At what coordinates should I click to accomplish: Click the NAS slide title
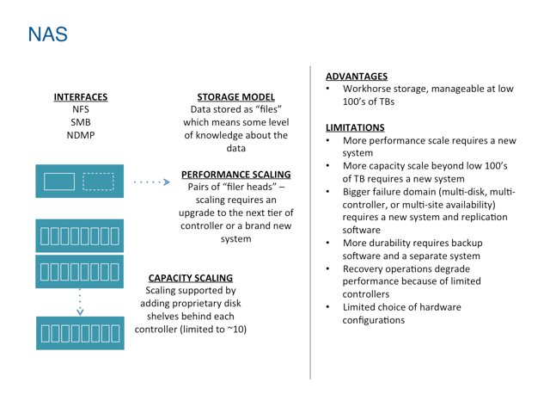click(48, 34)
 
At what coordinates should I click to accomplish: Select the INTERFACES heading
click(81, 97)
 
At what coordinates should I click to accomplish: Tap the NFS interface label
click(81, 109)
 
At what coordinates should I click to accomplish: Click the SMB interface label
click(81, 122)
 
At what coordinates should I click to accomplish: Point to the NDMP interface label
click(81, 135)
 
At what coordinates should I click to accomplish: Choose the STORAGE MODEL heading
click(235, 97)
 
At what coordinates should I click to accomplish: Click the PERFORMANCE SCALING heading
click(236, 175)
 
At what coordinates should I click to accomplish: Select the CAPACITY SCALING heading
click(191, 278)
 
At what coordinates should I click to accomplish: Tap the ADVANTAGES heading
click(357, 77)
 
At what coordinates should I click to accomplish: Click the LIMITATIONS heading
click(355, 127)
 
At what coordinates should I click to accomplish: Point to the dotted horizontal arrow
click(152, 182)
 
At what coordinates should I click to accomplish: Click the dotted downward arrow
click(80, 302)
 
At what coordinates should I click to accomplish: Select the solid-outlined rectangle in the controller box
click(59, 182)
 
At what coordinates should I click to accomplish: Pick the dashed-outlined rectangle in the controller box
click(98, 182)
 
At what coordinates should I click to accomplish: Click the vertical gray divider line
click(310, 223)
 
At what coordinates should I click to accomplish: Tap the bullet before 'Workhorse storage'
click(328, 89)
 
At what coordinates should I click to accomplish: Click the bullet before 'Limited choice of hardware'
click(328, 307)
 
